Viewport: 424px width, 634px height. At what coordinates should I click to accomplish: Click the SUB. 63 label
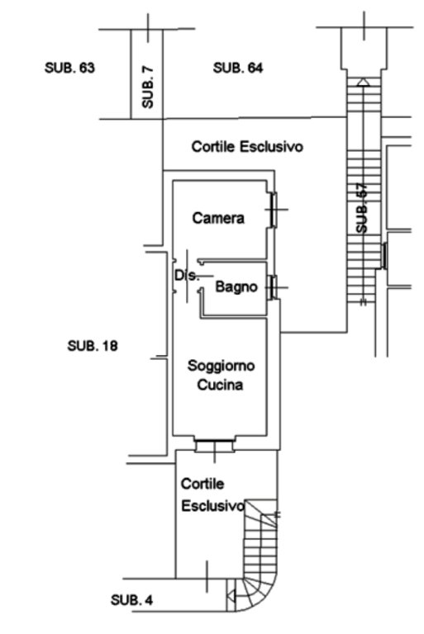tap(69, 68)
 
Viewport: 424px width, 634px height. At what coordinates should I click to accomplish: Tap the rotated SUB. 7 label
tap(148, 87)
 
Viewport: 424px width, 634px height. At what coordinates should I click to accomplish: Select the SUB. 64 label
tap(238, 68)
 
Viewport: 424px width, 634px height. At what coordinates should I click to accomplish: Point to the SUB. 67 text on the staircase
tap(362, 208)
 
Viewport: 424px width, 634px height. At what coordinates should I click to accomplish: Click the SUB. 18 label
tap(93, 346)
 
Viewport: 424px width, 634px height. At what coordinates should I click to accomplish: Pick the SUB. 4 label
tap(131, 600)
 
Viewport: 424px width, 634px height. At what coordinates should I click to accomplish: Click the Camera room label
tap(218, 218)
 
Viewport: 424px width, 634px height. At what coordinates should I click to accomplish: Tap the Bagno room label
tap(236, 286)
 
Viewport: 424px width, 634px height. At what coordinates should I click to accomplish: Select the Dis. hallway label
tap(187, 276)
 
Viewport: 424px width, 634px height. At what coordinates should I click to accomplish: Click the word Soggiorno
tap(222, 366)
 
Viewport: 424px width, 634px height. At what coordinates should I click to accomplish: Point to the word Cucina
tap(220, 385)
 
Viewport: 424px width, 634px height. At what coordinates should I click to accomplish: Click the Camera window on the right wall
tap(274, 210)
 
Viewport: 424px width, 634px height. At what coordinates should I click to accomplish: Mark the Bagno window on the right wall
tap(274, 287)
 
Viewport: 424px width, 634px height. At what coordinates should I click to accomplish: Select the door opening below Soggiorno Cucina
tap(214, 445)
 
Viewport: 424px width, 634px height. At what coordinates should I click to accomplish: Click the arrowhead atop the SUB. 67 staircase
tap(364, 82)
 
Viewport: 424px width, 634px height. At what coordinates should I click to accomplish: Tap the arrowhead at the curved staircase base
tap(231, 595)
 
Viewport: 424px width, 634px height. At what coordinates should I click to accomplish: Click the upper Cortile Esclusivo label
tap(247, 146)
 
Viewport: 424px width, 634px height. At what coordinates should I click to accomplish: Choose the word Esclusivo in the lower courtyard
tap(213, 506)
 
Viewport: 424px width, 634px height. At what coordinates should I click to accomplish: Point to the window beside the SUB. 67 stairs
tap(384, 256)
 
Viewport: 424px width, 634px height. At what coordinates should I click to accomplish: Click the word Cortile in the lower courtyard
tap(202, 484)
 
